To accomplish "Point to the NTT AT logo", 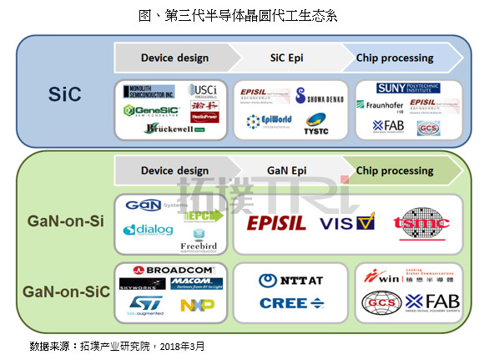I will tap(289, 281).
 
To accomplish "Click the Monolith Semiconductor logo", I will tap(148, 91).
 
